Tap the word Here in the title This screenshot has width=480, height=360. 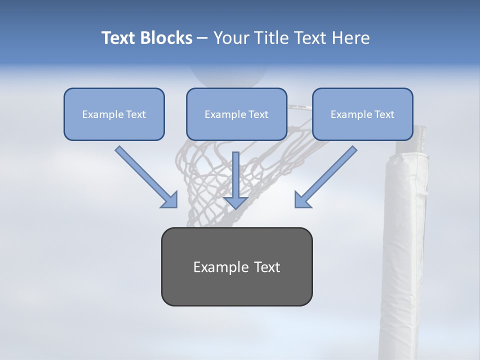click(x=349, y=38)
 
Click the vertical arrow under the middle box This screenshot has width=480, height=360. click(x=235, y=175)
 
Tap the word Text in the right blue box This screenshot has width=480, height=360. click(x=384, y=114)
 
